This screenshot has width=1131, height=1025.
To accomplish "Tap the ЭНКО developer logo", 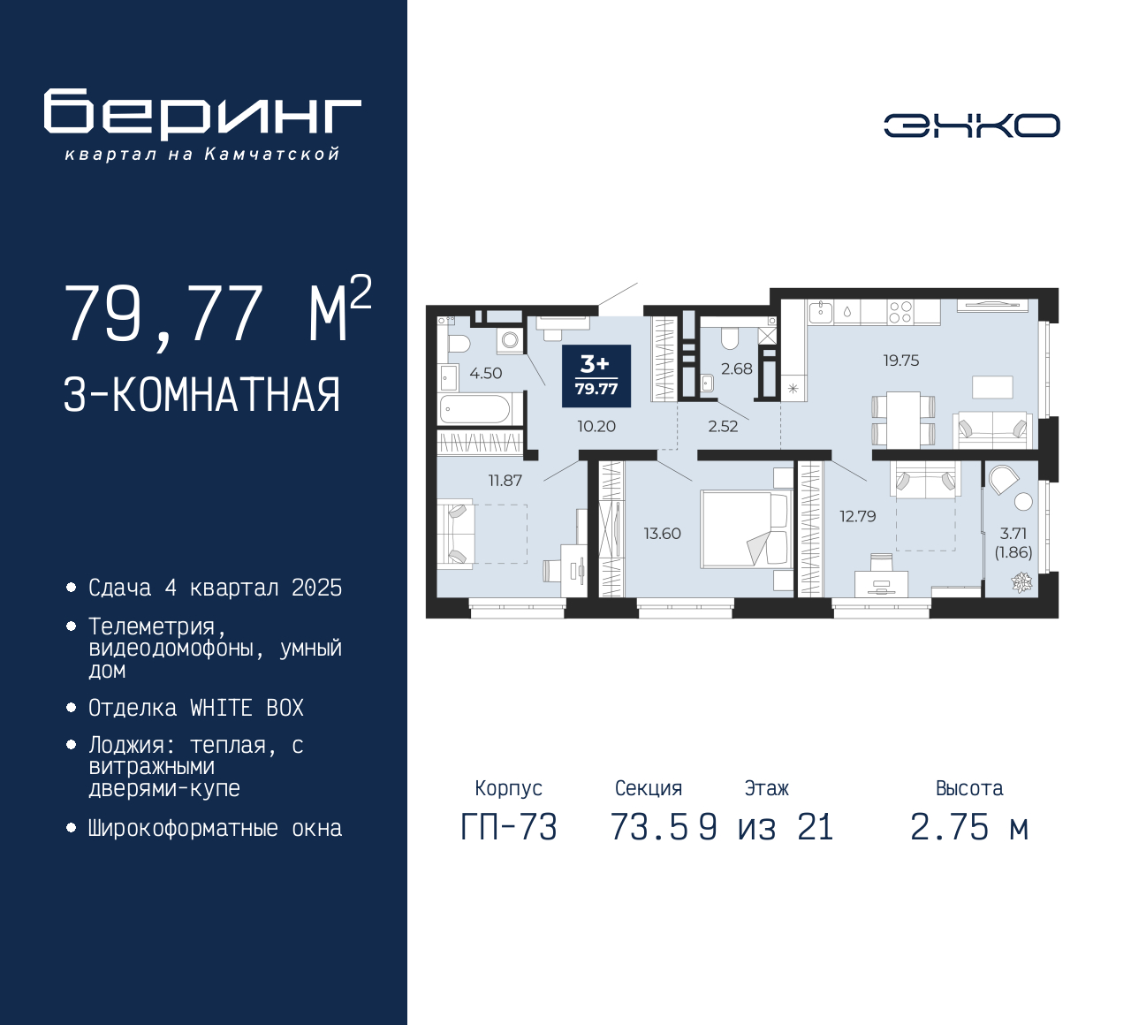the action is [x=971, y=125].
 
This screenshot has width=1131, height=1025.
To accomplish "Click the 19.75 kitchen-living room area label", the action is [x=901, y=360].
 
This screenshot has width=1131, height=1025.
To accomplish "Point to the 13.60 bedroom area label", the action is [x=663, y=534].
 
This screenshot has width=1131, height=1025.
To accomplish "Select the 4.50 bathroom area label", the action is [x=485, y=373].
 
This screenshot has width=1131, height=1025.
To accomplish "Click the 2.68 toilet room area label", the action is [x=736, y=368].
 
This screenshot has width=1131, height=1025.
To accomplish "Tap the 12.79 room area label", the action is [x=858, y=516].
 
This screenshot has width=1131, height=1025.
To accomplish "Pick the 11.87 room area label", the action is [x=505, y=481].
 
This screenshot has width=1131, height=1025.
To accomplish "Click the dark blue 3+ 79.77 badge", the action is [x=596, y=376].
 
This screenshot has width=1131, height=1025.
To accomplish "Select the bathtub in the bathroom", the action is [x=475, y=408].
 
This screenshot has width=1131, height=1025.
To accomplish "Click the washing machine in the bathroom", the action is [x=510, y=341].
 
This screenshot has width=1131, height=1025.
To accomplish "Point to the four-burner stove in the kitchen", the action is [x=900, y=312].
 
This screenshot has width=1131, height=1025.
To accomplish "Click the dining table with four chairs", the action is [x=903, y=418].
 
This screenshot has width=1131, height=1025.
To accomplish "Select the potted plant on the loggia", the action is [x=1021, y=582].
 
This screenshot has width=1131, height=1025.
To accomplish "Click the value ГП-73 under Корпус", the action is [x=509, y=828].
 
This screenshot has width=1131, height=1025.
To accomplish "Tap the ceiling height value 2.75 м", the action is [x=969, y=828].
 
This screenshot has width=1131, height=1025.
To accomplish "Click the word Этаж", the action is [x=766, y=788].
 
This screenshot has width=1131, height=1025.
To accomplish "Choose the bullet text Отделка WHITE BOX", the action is [x=195, y=708].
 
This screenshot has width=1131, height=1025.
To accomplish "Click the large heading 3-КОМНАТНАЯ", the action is [x=201, y=395].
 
